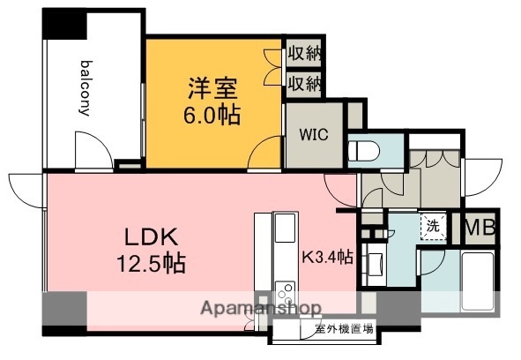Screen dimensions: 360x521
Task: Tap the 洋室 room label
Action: [x=212, y=88]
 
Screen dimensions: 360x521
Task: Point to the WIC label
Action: [x=313, y=136]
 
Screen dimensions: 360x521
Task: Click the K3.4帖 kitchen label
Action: [x=329, y=258]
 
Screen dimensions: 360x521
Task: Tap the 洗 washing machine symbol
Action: [x=433, y=225]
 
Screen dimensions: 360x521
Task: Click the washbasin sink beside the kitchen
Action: [x=374, y=263]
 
